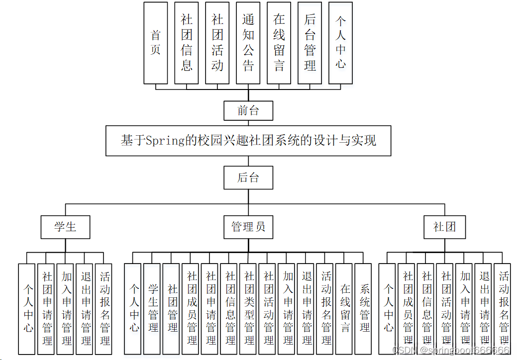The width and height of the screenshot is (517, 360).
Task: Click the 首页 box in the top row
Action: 156,43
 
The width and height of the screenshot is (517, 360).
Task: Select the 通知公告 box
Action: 248,43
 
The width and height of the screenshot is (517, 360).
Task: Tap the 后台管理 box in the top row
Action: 310,43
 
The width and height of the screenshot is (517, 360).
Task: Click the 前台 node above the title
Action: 248,110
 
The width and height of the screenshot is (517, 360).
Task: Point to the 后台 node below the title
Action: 248,178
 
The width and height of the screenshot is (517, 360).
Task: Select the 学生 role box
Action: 65,227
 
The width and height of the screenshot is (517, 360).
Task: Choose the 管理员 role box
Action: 248,227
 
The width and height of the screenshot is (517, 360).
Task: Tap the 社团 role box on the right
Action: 445,227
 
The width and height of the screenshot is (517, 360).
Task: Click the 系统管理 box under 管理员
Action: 365,308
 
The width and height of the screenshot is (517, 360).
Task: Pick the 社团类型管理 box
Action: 249,308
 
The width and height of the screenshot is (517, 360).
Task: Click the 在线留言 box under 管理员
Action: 345,308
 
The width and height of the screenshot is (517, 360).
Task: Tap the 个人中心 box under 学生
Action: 28,308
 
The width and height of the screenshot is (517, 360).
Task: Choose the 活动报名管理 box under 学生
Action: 104,308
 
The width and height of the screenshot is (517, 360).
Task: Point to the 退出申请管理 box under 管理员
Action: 307,308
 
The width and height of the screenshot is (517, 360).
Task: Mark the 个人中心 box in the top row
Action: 341,43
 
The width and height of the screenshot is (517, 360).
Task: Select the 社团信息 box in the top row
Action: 187,43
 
